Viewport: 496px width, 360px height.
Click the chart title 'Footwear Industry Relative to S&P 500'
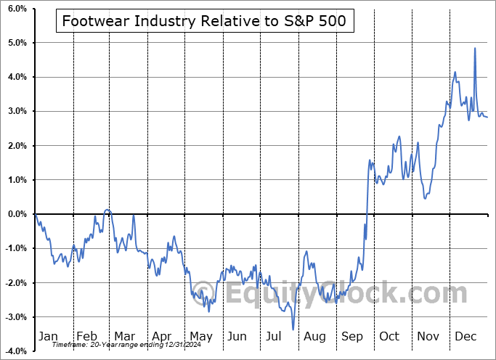click(x=206, y=22)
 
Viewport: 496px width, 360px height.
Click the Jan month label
click(x=47, y=336)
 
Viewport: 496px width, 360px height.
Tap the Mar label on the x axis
click(x=123, y=336)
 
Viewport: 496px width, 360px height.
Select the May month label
click(x=200, y=336)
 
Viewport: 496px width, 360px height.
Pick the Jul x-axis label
click(x=275, y=336)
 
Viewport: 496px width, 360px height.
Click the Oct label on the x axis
click(x=389, y=336)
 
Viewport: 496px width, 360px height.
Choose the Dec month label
click(x=465, y=336)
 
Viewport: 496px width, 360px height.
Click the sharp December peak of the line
click(x=475, y=49)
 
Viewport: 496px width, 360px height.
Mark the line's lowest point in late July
click(x=293, y=329)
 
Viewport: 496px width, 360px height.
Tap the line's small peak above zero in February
click(x=107, y=210)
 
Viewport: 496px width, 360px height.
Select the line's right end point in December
click(x=487, y=118)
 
